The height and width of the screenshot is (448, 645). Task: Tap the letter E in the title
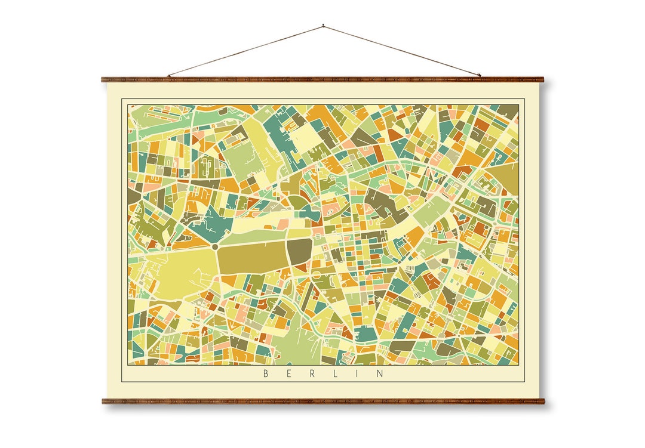[x=289, y=374]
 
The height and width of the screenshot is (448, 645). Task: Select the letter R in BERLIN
[x=312, y=374]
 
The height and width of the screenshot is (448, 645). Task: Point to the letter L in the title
[x=335, y=374]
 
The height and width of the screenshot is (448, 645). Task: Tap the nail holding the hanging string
[x=323, y=26]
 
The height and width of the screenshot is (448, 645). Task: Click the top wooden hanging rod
[x=322, y=79]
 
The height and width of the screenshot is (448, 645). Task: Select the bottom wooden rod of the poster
[x=322, y=401]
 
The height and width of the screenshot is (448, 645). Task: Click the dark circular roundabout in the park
[x=214, y=246]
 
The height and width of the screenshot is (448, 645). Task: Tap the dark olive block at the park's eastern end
[x=300, y=252]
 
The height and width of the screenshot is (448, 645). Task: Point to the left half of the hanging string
[x=245, y=51]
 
